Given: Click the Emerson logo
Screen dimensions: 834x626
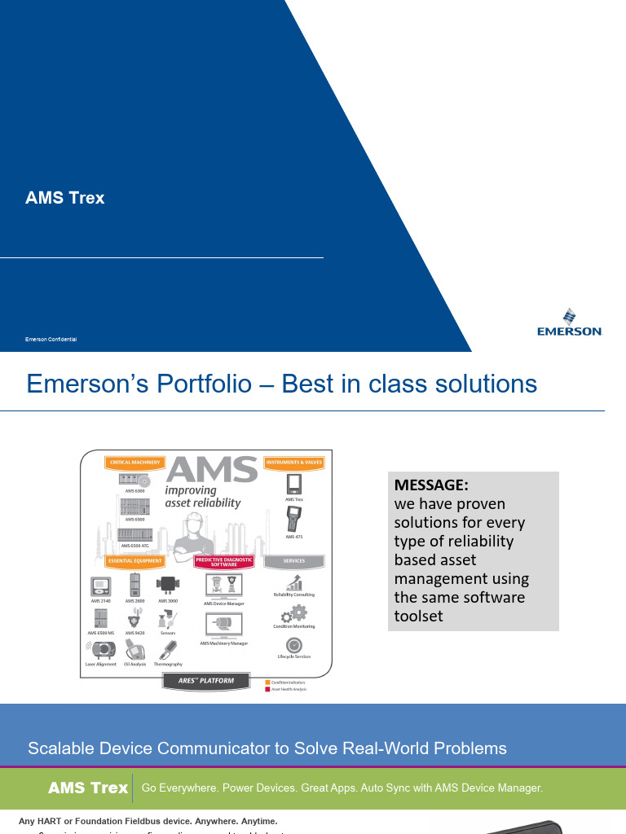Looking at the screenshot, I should pos(569,322).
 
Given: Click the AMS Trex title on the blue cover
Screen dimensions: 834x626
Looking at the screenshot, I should pos(64,198).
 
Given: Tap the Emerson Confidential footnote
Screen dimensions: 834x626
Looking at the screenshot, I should pos(51,339).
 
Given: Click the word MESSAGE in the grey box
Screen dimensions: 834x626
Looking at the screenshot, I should pos(431,485).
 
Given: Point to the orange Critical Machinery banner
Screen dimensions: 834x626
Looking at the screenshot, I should pos(134,463).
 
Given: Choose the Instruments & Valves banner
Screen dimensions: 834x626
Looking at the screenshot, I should pos(294,463).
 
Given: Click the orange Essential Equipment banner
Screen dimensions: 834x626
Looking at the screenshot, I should pos(135,561).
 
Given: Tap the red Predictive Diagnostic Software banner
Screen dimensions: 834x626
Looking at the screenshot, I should pos(224,562).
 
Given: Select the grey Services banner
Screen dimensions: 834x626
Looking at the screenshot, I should pos(294,561).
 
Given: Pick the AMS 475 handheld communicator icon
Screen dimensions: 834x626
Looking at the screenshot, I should pos(294,519).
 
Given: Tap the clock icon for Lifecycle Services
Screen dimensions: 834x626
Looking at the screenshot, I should pos(294,645).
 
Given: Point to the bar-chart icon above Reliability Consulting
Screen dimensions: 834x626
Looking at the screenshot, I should pos(294,582).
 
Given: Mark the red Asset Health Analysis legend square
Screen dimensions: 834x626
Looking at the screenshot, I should pos(267,689).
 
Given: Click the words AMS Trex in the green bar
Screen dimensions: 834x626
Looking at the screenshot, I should pos(88,788).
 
